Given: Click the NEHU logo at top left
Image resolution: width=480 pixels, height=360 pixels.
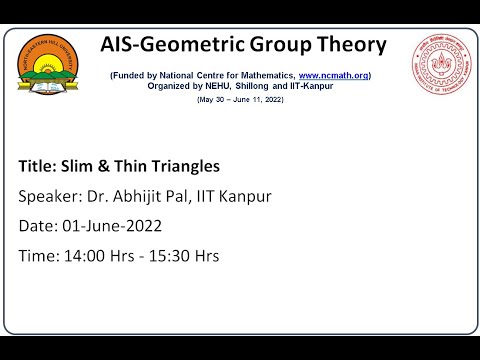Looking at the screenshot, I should tap(53, 78).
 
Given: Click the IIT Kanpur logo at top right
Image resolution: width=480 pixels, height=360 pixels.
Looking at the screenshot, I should tap(439, 75).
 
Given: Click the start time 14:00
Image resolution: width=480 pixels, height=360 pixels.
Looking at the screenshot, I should tap(82, 256).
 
